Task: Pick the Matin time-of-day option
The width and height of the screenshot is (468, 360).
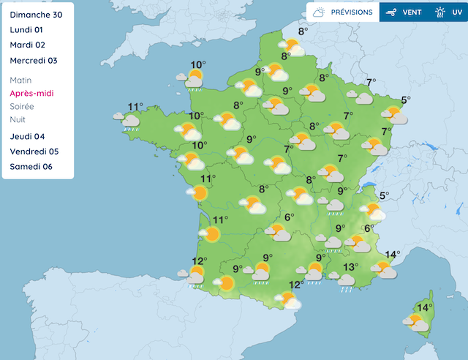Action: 22,80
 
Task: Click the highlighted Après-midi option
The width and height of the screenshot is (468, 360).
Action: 31,93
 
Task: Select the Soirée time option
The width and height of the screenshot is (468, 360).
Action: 22,106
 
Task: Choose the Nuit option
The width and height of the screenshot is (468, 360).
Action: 18,119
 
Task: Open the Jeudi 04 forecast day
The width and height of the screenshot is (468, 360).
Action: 28,137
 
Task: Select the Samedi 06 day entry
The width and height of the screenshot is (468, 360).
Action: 31,167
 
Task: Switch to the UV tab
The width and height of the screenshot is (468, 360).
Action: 449,12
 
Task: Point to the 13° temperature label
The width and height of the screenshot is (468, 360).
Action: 350,267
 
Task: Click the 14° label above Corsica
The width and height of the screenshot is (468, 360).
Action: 424,307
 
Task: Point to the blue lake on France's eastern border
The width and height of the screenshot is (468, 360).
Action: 371,186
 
